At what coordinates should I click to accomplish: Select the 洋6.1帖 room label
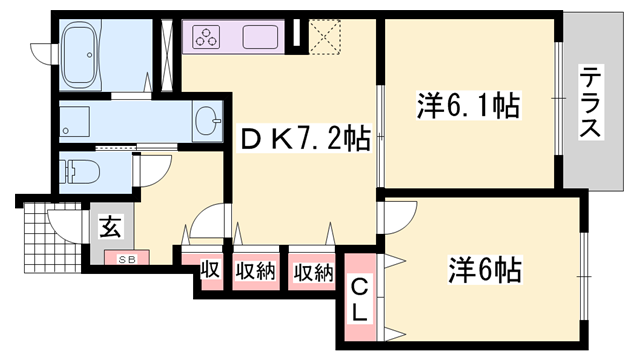(468, 105)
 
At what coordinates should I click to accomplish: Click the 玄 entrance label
(109, 226)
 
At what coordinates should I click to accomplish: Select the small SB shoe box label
(127, 258)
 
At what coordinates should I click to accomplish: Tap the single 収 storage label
(209, 270)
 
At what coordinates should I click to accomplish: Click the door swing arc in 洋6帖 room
(399, 216)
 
